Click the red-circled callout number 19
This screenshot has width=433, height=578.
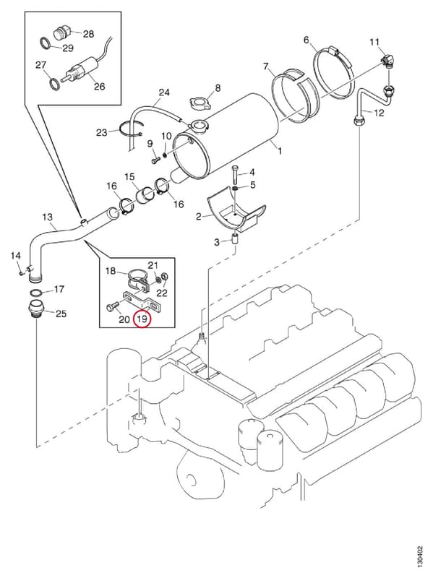tap(142, 319)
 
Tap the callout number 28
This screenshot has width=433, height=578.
tap(88, 34)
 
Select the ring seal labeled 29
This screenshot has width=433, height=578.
tap(46, 43)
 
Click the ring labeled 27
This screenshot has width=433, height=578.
tap(55, 84)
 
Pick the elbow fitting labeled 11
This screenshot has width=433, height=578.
tap(387, 61)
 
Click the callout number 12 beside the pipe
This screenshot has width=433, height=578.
tap(379, 113)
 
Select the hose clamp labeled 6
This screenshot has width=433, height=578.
tap(335, 71)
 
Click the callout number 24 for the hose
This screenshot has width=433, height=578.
tap(164, 92)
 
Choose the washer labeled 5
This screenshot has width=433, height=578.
tap(235, 189)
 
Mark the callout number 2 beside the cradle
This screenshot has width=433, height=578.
tap(199, 217)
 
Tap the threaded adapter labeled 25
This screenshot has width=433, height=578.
tap(35, 308)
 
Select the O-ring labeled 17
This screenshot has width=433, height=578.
tap(37, 293)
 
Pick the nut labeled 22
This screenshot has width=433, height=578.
tap(166, 277)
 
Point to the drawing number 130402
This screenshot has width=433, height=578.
tap(420, 558)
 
